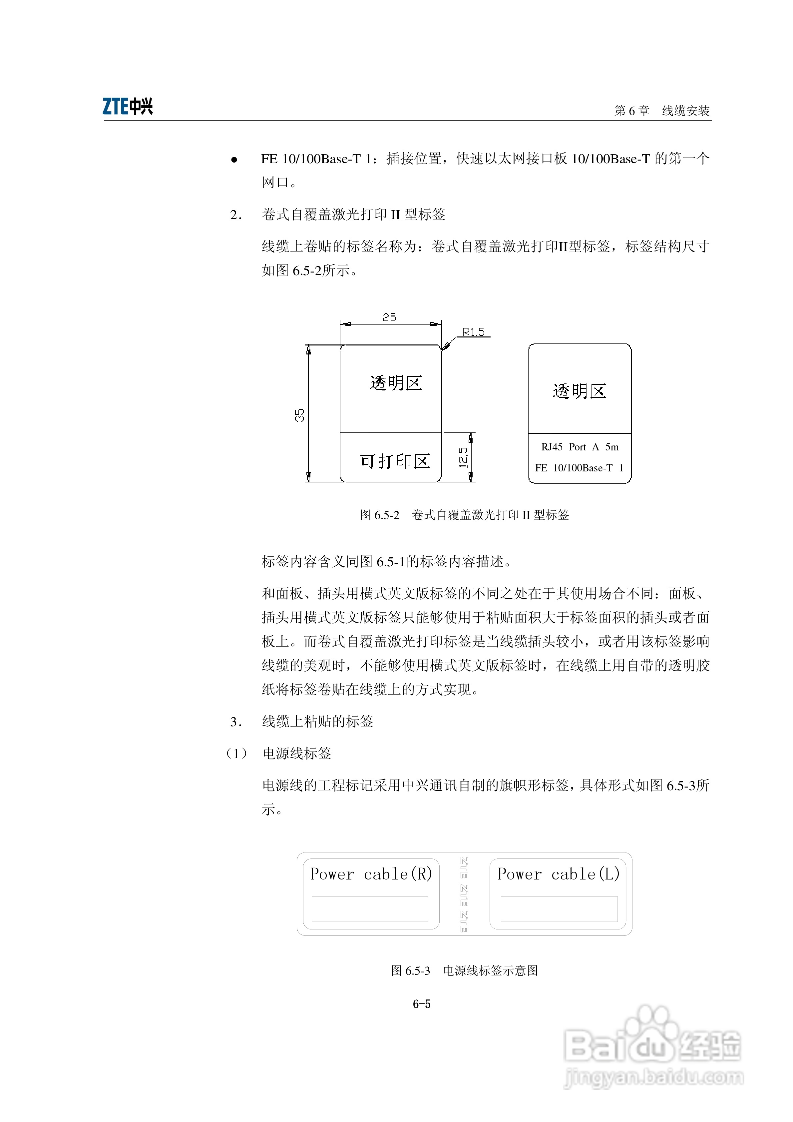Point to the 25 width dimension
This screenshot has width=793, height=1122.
[x=389, y=317]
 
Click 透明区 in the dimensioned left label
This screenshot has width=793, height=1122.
[x=395, y=383]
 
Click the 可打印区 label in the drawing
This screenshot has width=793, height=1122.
[x=395, y=461]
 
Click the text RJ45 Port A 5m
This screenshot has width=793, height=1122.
[x=580, y=447]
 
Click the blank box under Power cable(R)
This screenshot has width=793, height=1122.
[x=370, y=908]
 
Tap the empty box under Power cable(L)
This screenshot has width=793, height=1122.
[x=559, y=908]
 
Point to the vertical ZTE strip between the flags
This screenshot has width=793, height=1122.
[x=464, y=894]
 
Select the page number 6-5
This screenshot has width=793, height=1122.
[x=421, y=1004]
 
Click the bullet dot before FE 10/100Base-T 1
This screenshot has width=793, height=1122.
[x=234, y=160]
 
